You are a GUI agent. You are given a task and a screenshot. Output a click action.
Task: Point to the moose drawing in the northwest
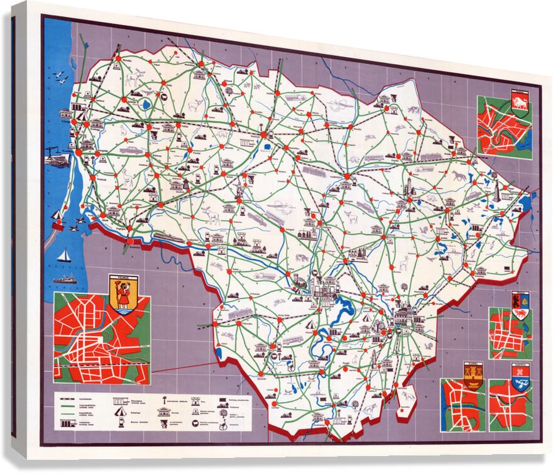134,80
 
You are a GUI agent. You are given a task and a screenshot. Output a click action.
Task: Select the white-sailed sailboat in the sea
63,255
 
